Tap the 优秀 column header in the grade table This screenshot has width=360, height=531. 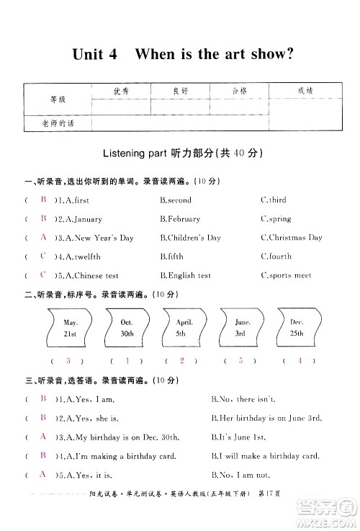coord(121,92)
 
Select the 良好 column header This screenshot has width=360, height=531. coord(180,92)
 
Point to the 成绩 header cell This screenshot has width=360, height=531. coord(305,92)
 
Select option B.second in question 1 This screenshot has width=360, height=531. coord(176,200)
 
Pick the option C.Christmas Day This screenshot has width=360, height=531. coord(291,238)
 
